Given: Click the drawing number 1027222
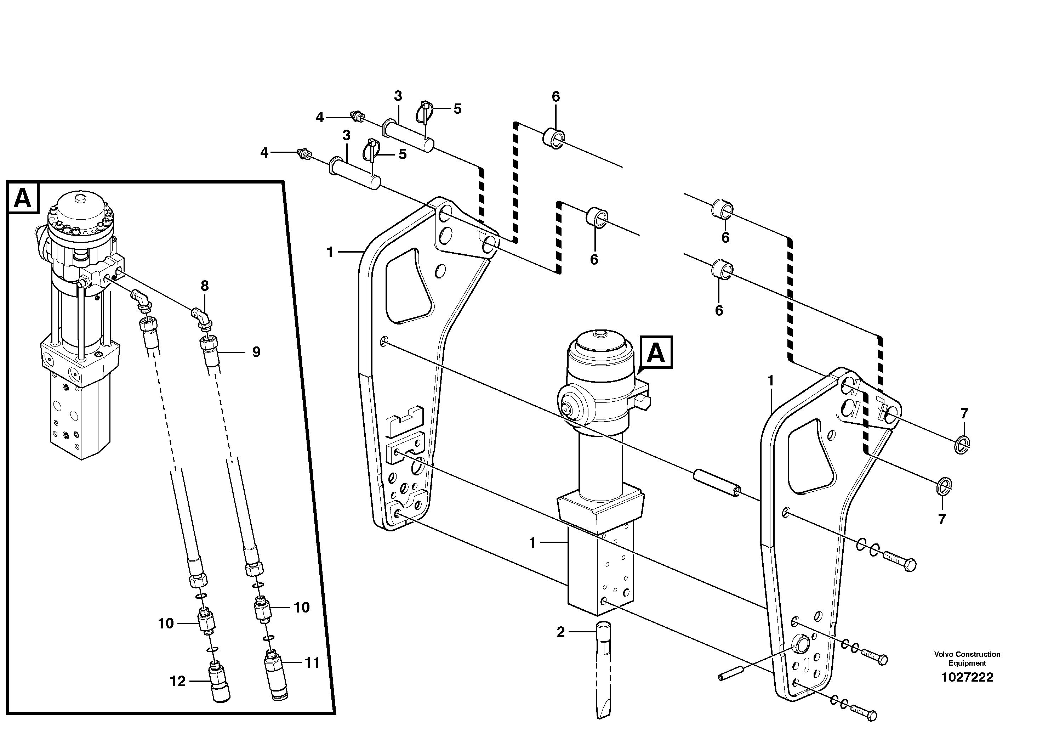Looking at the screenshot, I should pyautogui.click(x=967, y=677).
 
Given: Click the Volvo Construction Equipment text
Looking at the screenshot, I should pyautogui.click(x=967, y=658).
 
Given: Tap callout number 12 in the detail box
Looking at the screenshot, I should pyautogui.click(x=178, y=681).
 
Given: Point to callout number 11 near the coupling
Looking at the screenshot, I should pyautogui.click(x=312, y=663).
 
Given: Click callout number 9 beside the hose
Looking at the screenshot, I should pyautogui.click(x=256, y=352).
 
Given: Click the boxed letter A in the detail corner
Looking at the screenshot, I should pyautogui.click(x=23, y=198).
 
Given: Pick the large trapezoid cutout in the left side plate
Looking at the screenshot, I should pyautogui.click(x=409, y=287).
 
